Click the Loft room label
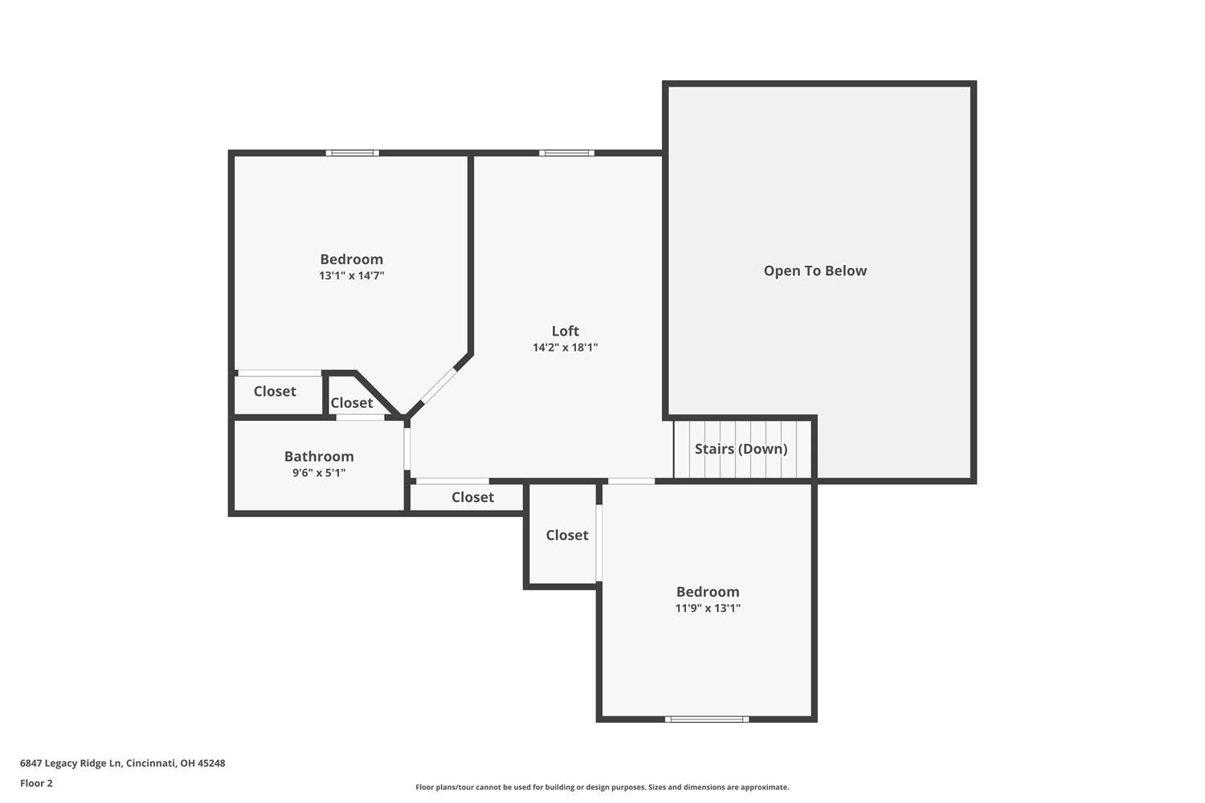(x=565, y=331)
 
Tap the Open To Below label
(x=815, y=271)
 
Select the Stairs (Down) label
(x=741, y=449)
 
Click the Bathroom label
(x=319, y=456)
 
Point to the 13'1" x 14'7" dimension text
(x=351, y=276)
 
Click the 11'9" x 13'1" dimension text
(x=708, y=609)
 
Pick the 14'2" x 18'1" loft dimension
(x=566, y=348)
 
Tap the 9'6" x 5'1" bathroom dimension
(x=319, y=473)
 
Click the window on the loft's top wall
(x=567, y=153)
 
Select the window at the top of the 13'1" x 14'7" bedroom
(x=353, y=153)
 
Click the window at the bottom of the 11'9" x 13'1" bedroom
(x=707, y=719)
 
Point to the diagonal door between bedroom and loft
(x=438, y=385)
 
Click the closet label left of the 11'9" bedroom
(x=567, y=535)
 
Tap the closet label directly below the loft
(x=472, y=497)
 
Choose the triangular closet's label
(x=351, y=403)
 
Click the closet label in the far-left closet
(x=275, y=391)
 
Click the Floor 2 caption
(x=37, y=783)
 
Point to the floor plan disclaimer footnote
(x=602, y=787)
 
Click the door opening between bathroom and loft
(x=407, y=449)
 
